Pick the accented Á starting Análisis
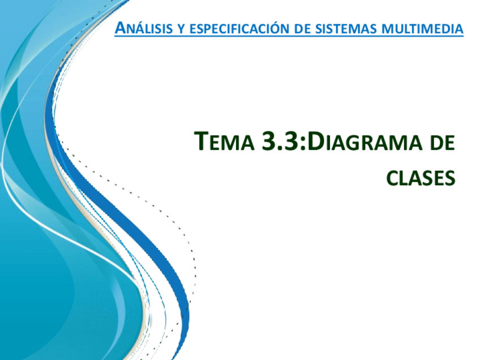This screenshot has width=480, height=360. coord(119,27)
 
